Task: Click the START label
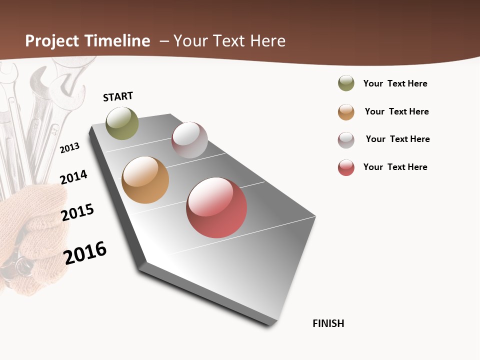tap(118, 96)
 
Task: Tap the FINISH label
tap(328, 323)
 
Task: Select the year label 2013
tap(70, 148)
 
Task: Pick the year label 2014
tap(73, 177)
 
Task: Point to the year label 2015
tap(77, 212)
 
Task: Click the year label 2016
tap(85, 252)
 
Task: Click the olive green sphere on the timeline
tap(122, 123)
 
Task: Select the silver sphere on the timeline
tap(189, 140)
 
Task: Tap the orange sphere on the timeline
tap(145, 180)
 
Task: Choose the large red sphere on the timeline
tap(216, 207)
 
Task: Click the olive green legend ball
tap(346, 83)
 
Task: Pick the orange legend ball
tap(346, 112)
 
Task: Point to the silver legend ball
tap(346, 140)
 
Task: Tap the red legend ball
tap(346, 167)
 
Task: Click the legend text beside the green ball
tap(395, 83)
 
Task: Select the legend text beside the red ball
tap(395, 167)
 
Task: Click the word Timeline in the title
tap(117, 41)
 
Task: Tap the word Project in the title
tap(52, 41)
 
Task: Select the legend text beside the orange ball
tap(396, 111)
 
